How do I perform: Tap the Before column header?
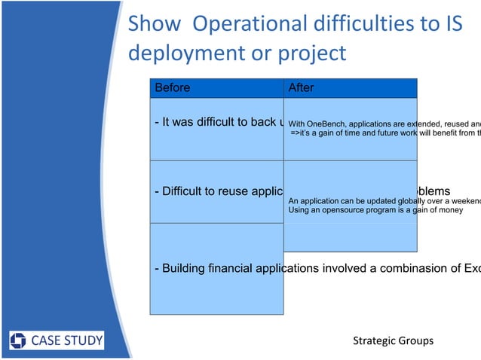coord(172,88)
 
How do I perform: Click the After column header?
coord(301,88)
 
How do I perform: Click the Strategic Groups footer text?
coord(393,341)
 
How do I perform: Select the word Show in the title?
coord(154,25)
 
